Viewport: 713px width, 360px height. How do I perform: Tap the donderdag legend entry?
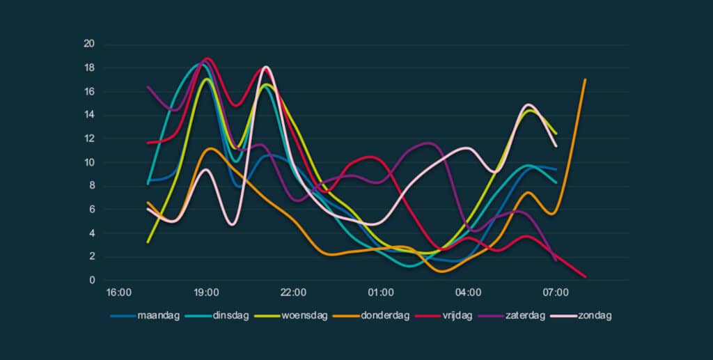[x=386, y=315]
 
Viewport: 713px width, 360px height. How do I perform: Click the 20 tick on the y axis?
[x=89, y=45]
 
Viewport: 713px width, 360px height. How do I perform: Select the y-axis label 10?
[x=89, y=162]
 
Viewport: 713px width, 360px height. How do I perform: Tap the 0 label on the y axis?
[x=92, y=280]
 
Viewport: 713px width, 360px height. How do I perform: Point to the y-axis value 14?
[x=89, y=115]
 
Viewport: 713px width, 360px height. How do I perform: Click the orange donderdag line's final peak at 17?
[x=585, y=79]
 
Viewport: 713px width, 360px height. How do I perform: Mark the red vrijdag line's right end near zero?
[x=585, y=276]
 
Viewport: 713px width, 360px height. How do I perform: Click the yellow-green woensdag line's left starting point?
[x=148, y=242]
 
